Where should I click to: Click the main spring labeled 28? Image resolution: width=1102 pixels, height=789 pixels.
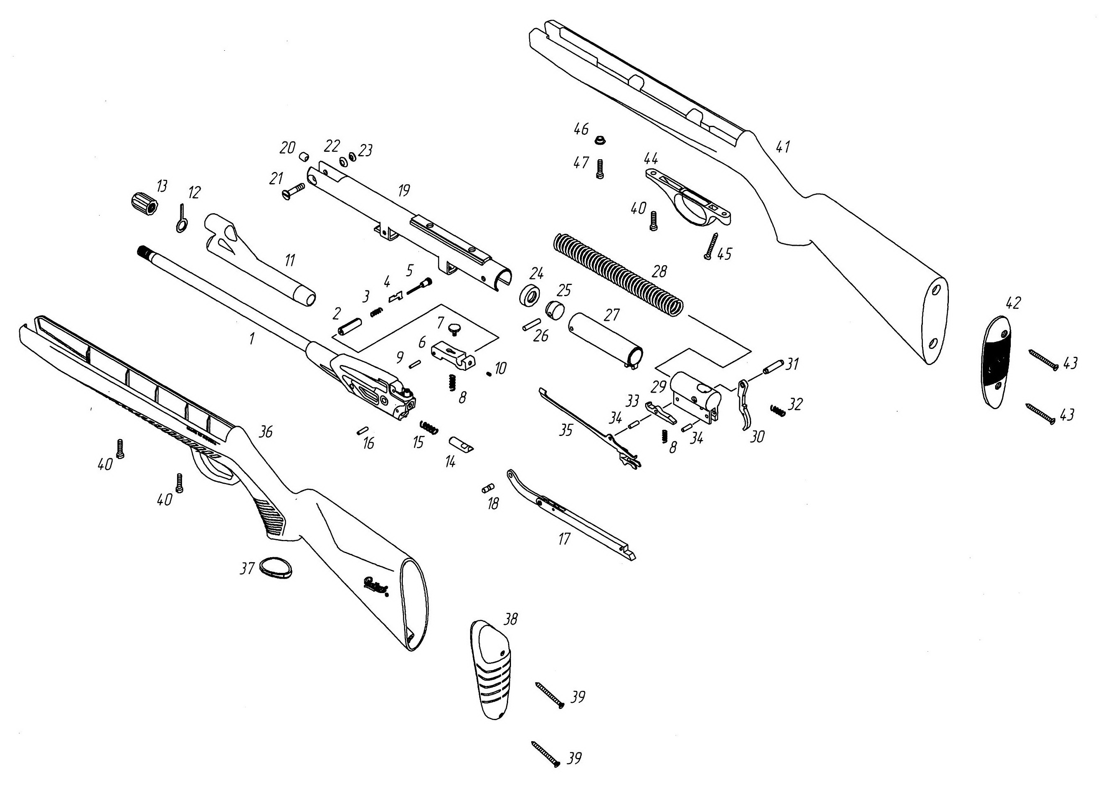click(617, 274)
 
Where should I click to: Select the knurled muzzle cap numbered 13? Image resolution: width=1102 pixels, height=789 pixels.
click(144, 203)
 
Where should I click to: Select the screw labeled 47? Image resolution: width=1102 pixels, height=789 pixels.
click(600, 169)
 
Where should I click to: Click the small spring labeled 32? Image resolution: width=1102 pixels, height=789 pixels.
click(778, 410)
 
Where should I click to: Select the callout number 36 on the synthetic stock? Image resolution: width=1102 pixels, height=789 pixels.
click(265, 432)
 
